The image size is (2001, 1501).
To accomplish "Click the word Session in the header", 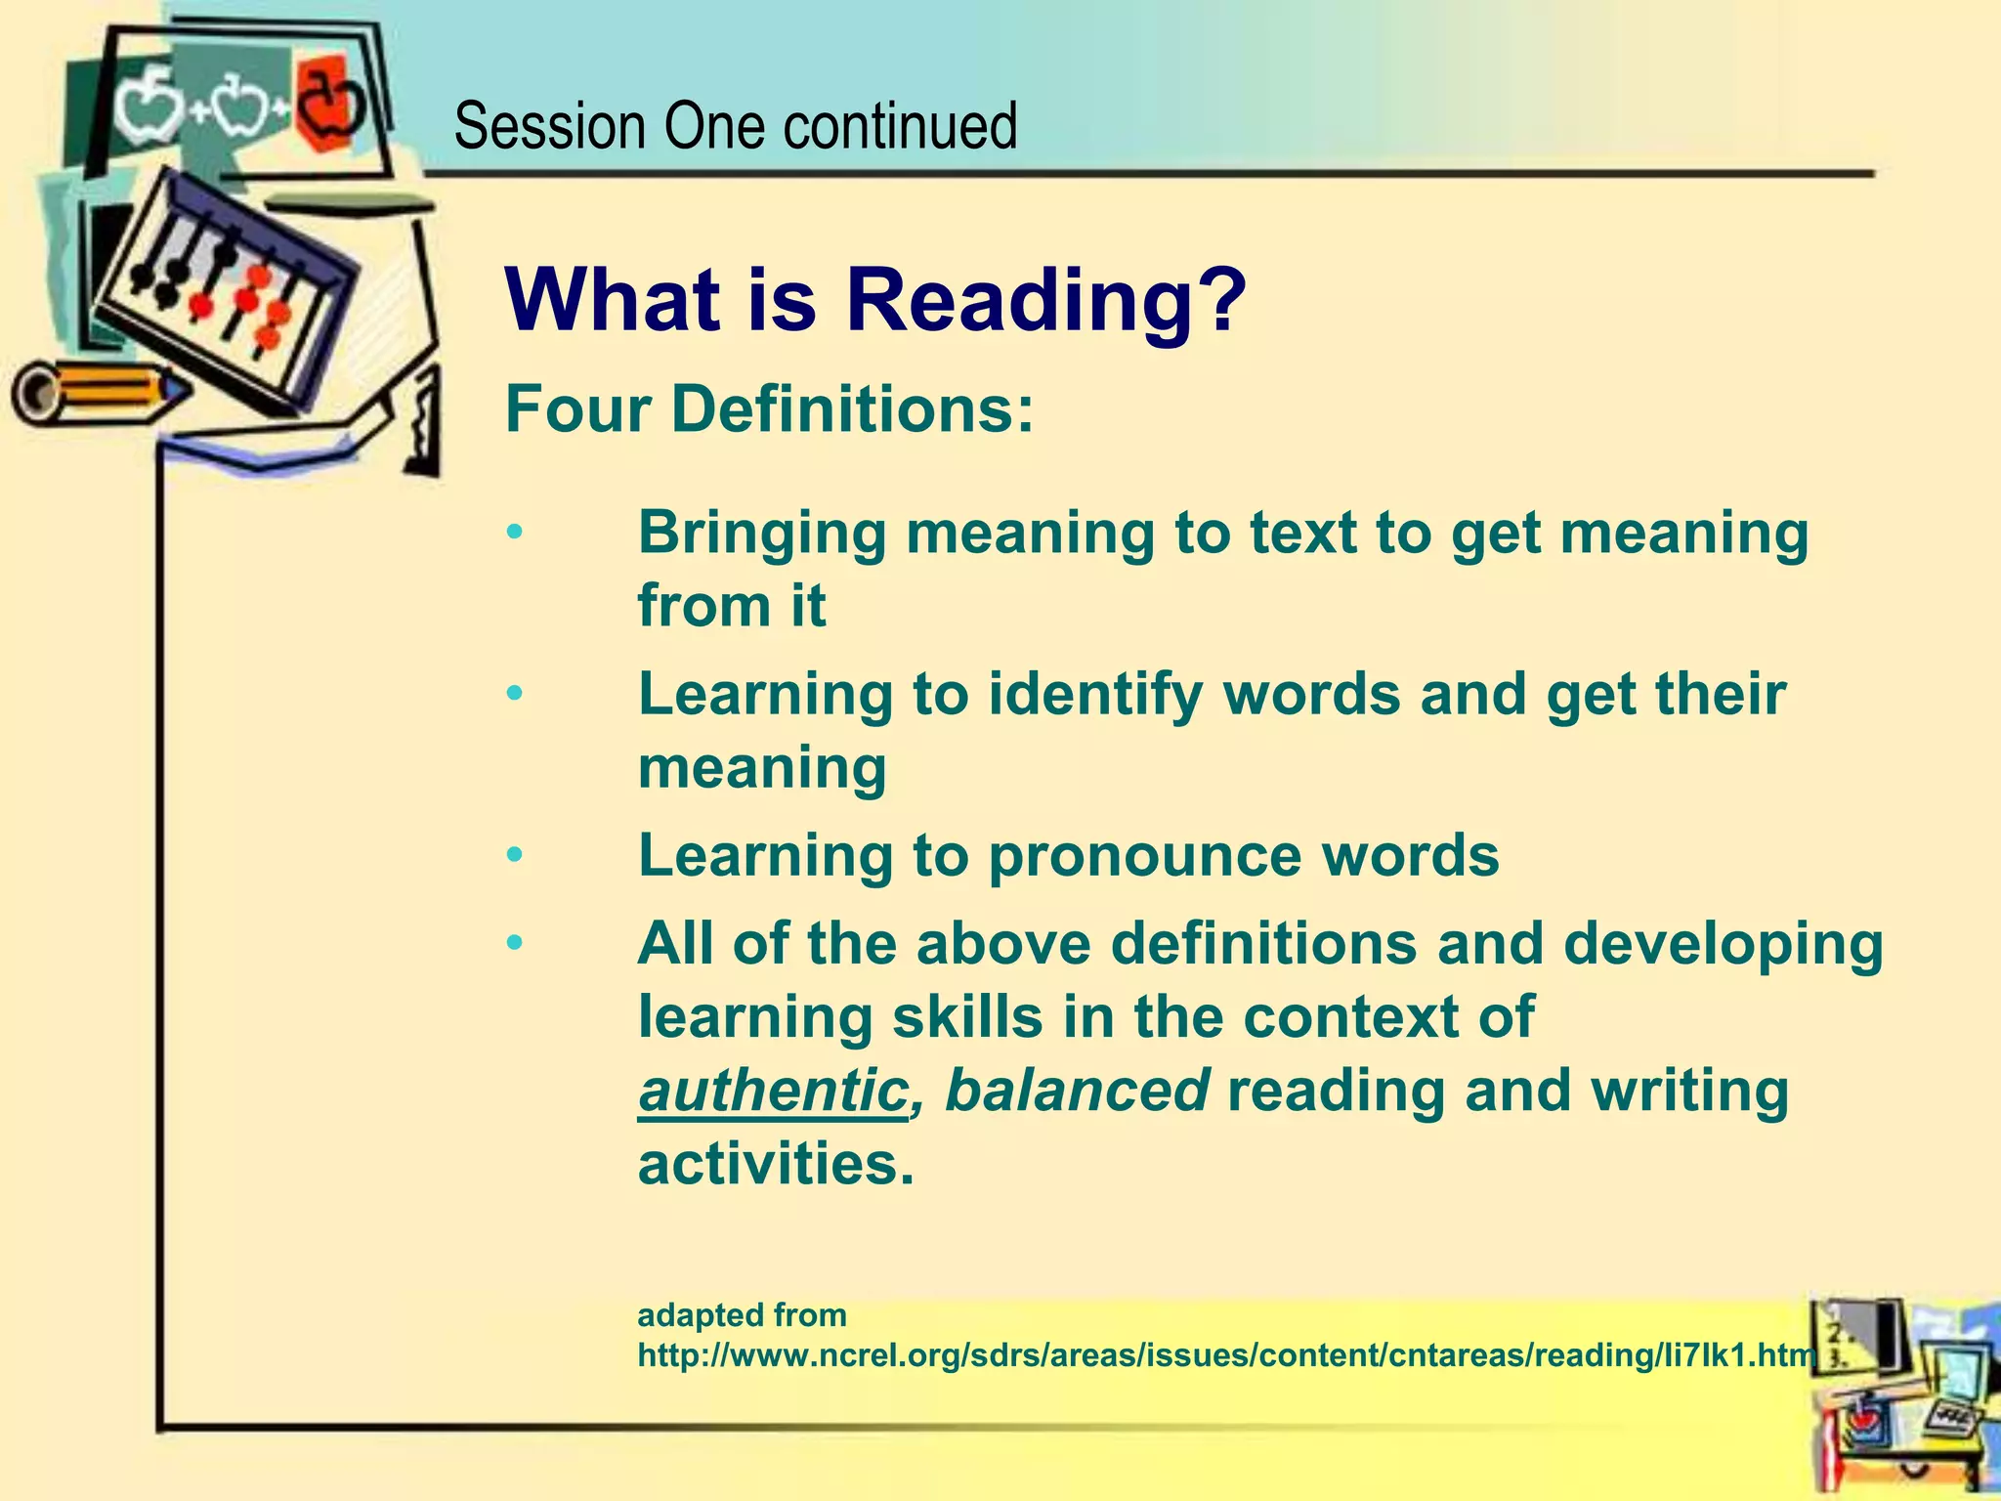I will (x=549, y=127).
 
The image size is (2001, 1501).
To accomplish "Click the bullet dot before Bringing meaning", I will (x=515, y=534).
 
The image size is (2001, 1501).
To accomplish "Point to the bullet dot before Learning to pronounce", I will (x=515, y=856).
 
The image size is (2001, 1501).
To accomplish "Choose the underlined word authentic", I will (x=773, y=1091).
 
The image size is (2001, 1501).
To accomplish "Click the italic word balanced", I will (x=1078, y=1091).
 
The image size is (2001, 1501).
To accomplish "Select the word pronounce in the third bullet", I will (x=1144, y=856).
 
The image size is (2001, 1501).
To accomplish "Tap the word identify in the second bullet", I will (x=1095, y=695).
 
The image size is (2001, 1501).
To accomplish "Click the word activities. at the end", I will (x=776, y=1164).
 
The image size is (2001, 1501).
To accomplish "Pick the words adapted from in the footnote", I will (x=742, y=1315).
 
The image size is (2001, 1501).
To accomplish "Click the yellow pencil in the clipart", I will (x=98, y=393).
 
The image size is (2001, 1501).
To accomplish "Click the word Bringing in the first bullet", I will (x=762, y=534).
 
